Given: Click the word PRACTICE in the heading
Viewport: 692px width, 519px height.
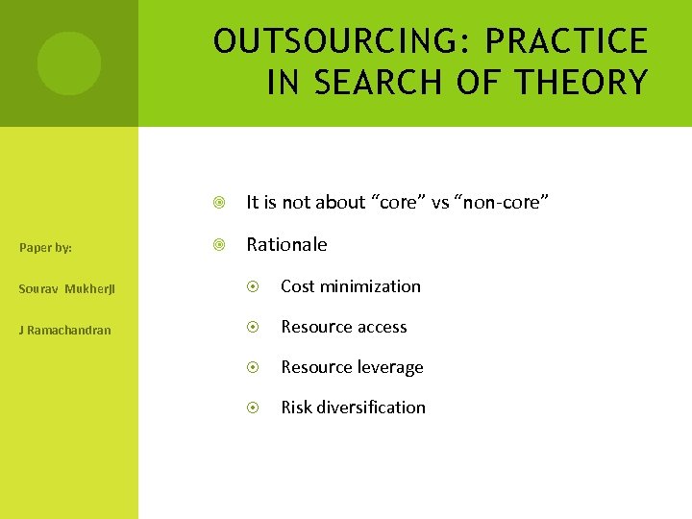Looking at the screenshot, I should (x=566, y=41).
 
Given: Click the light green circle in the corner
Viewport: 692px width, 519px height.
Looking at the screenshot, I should (x=69, y=63).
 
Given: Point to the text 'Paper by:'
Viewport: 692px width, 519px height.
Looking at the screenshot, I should (x=45, y=248).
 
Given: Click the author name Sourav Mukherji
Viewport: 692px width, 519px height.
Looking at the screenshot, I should (x=64, y=288).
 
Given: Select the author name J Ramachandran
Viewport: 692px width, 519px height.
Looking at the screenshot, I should (x=64, y=330).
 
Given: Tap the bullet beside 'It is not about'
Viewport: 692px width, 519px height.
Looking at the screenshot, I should (x=220, y=203).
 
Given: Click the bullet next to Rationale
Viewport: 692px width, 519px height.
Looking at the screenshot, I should (x=220, y=245).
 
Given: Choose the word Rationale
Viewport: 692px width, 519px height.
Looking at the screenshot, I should (x=286, y=244).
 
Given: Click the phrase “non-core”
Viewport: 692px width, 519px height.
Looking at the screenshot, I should (x=506, y=202).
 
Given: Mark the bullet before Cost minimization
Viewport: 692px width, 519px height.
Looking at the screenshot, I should (x=254, y=286).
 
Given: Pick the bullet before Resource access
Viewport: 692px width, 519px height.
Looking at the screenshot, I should (x=254, y=327).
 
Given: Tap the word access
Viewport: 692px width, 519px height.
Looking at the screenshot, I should (x=382, y=327).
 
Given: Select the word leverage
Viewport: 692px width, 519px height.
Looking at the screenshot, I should (x=390, y=367).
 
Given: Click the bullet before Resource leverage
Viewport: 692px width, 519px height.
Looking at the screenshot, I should (x=254, y=367).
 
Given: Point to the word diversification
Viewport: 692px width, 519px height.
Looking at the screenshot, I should (x=371, y=408).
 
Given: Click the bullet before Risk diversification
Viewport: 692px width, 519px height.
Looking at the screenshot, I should (x=254, y=408).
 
